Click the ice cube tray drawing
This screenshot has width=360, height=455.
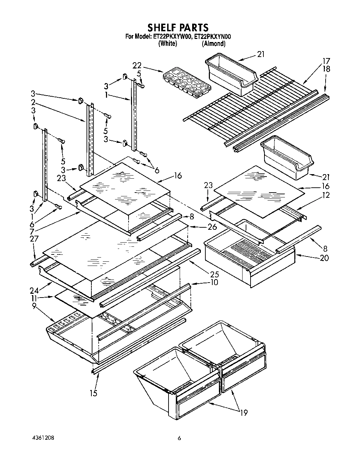click(x=186, y=83)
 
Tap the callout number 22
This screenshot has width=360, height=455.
click(x=137, y=66)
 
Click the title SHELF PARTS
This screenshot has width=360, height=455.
click(x=178, y=27)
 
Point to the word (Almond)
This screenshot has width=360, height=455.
click(x=213, y=44)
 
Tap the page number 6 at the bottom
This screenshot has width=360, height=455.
click(x=179, y=439)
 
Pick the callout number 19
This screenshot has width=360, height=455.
click(x=244, y=413)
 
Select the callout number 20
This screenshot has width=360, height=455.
click(x=324, y=258)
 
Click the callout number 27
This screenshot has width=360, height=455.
click(x=34, y=239)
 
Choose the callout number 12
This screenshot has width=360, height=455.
click(x=326, y=196)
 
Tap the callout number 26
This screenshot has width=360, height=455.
click(x=212, y=228)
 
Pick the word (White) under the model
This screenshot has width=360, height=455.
click(x=167, y=44)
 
